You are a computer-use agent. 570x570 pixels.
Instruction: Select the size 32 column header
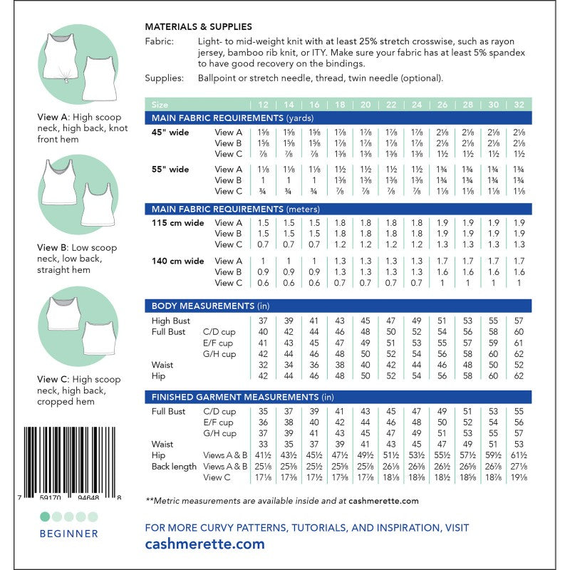519,104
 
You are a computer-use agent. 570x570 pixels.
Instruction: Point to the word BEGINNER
69,533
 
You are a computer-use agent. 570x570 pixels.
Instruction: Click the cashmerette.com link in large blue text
204,544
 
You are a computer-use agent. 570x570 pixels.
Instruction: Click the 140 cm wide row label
178,261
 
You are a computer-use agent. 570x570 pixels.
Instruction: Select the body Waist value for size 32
519,365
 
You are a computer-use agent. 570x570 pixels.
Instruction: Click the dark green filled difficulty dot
46,516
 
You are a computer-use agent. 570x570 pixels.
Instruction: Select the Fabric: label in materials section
158,42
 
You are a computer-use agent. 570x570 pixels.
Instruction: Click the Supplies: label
163,78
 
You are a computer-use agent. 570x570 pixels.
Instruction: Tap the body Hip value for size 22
390,375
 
